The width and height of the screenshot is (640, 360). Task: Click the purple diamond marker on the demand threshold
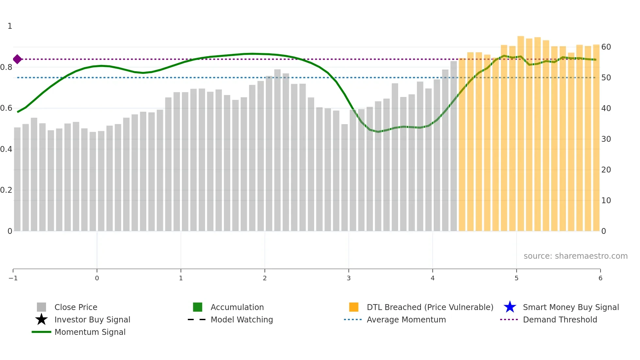click(x=17, y=59)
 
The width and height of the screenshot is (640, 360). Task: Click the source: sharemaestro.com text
click(x=575, y=256)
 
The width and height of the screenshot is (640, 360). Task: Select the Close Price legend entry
click(x=76, y=307)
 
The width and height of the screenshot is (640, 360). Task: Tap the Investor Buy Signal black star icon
click(x=41, y=319)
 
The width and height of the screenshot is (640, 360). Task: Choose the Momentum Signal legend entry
click(x=90, y=332)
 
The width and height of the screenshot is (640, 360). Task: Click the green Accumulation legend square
click(x=198, y=307)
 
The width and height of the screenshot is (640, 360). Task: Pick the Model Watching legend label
click(x=242, y=320)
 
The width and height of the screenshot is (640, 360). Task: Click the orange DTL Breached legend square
click(x=354, y=307)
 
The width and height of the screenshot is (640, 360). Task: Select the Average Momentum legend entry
click(x=406, y=320)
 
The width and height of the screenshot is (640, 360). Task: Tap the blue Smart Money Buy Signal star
click(x=510, y=307)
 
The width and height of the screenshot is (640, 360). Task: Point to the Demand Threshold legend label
click(x=560, y=320)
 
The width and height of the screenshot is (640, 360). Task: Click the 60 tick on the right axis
click(x=606, y=47)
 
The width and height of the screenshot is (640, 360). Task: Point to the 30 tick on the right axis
click(x=606, y=139)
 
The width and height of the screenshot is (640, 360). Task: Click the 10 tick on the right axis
click(x=606, y=201)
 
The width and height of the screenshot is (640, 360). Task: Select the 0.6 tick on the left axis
click(x=6, y=108)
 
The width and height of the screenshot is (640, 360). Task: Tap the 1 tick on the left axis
click(x=10, y=26)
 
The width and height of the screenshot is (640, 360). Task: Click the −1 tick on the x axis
click(x=13, y=278)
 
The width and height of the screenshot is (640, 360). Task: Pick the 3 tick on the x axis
click(x=349, y=278)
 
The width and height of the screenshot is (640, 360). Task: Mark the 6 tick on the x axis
click(x=600, y=278)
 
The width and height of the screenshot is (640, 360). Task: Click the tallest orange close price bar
click(x=520, y=131)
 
